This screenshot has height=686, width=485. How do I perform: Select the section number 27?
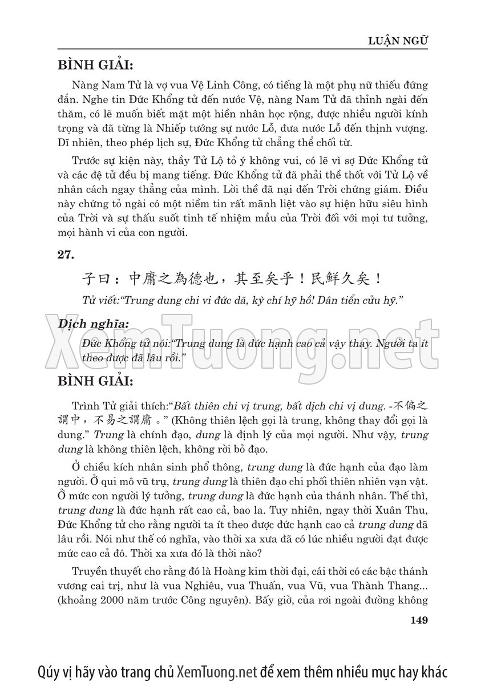coord(65,256)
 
